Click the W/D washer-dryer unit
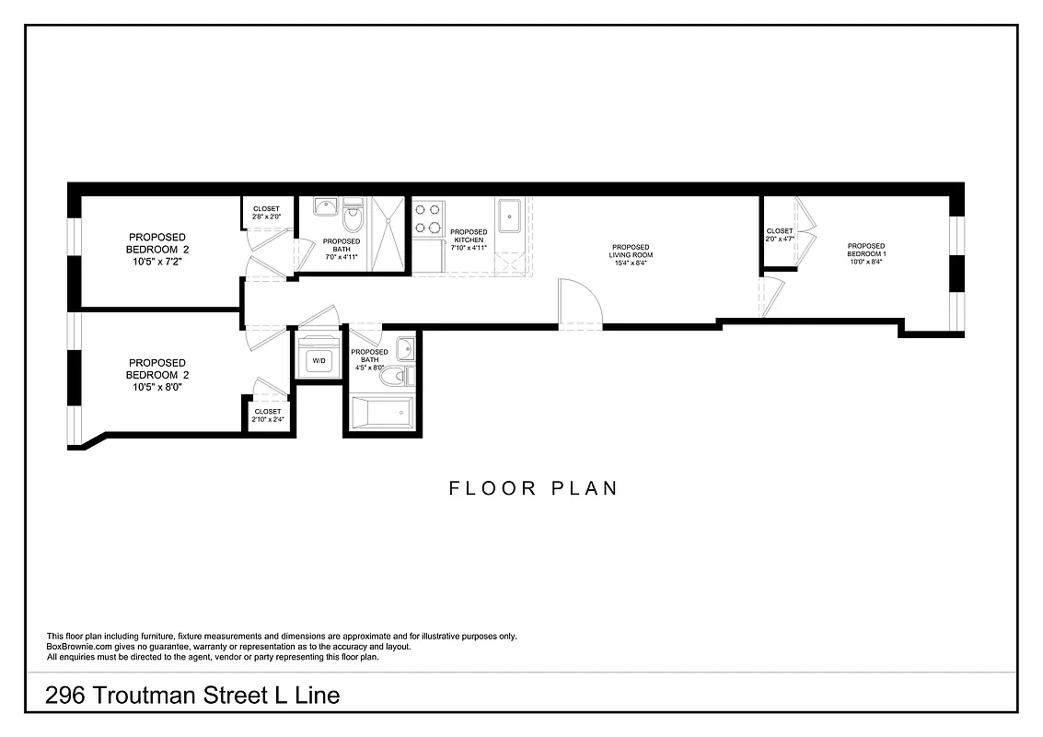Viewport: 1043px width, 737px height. (x=319, y=359)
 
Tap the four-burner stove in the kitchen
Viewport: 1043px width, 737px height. (x=426, y=217)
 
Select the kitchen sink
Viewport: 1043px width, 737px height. (x=509, y=217)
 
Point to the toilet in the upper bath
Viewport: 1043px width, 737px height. (x=353, y=220)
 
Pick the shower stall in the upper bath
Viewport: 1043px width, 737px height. (x=388, y=234)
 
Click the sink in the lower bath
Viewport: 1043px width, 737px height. (x=405, y=349)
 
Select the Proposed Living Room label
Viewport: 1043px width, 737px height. (x=631, y=252)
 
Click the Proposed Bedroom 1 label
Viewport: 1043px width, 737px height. (x=866, y=251)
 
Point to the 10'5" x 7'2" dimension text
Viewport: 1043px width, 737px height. (x=156, y=262)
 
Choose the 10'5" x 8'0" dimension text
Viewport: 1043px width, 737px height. (x=156, y=388)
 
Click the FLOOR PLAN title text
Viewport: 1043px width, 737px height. (x=533, y=488)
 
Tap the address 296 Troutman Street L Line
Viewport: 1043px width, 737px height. (x=192, y=696)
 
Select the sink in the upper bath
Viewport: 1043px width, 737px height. (x=323, y=207)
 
